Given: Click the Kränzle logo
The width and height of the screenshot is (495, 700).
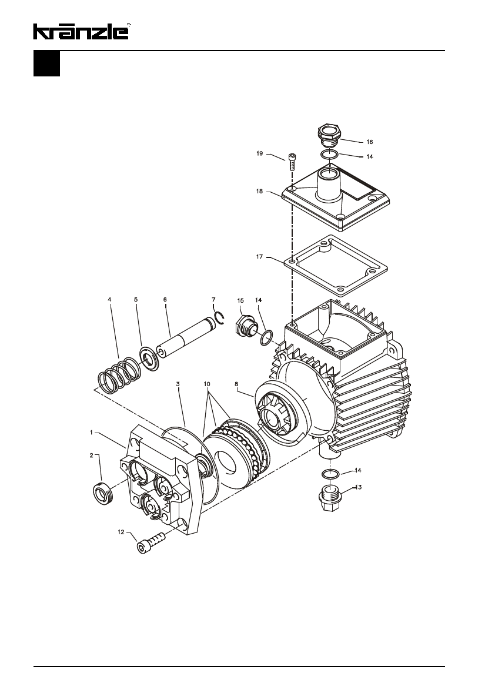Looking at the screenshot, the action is (x=82, y=31).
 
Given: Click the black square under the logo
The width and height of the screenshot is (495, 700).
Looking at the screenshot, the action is (x=46, y=63).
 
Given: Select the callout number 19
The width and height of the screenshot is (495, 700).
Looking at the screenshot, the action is (x=260, y=153).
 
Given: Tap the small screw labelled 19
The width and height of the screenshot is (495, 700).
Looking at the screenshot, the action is (x=293, y=162).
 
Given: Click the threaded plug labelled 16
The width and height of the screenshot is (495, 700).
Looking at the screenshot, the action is (x=329, y=135).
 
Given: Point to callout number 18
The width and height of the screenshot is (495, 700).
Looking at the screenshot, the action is (x=260, y=191).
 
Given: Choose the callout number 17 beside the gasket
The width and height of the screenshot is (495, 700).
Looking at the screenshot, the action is (x=260, y=257).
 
